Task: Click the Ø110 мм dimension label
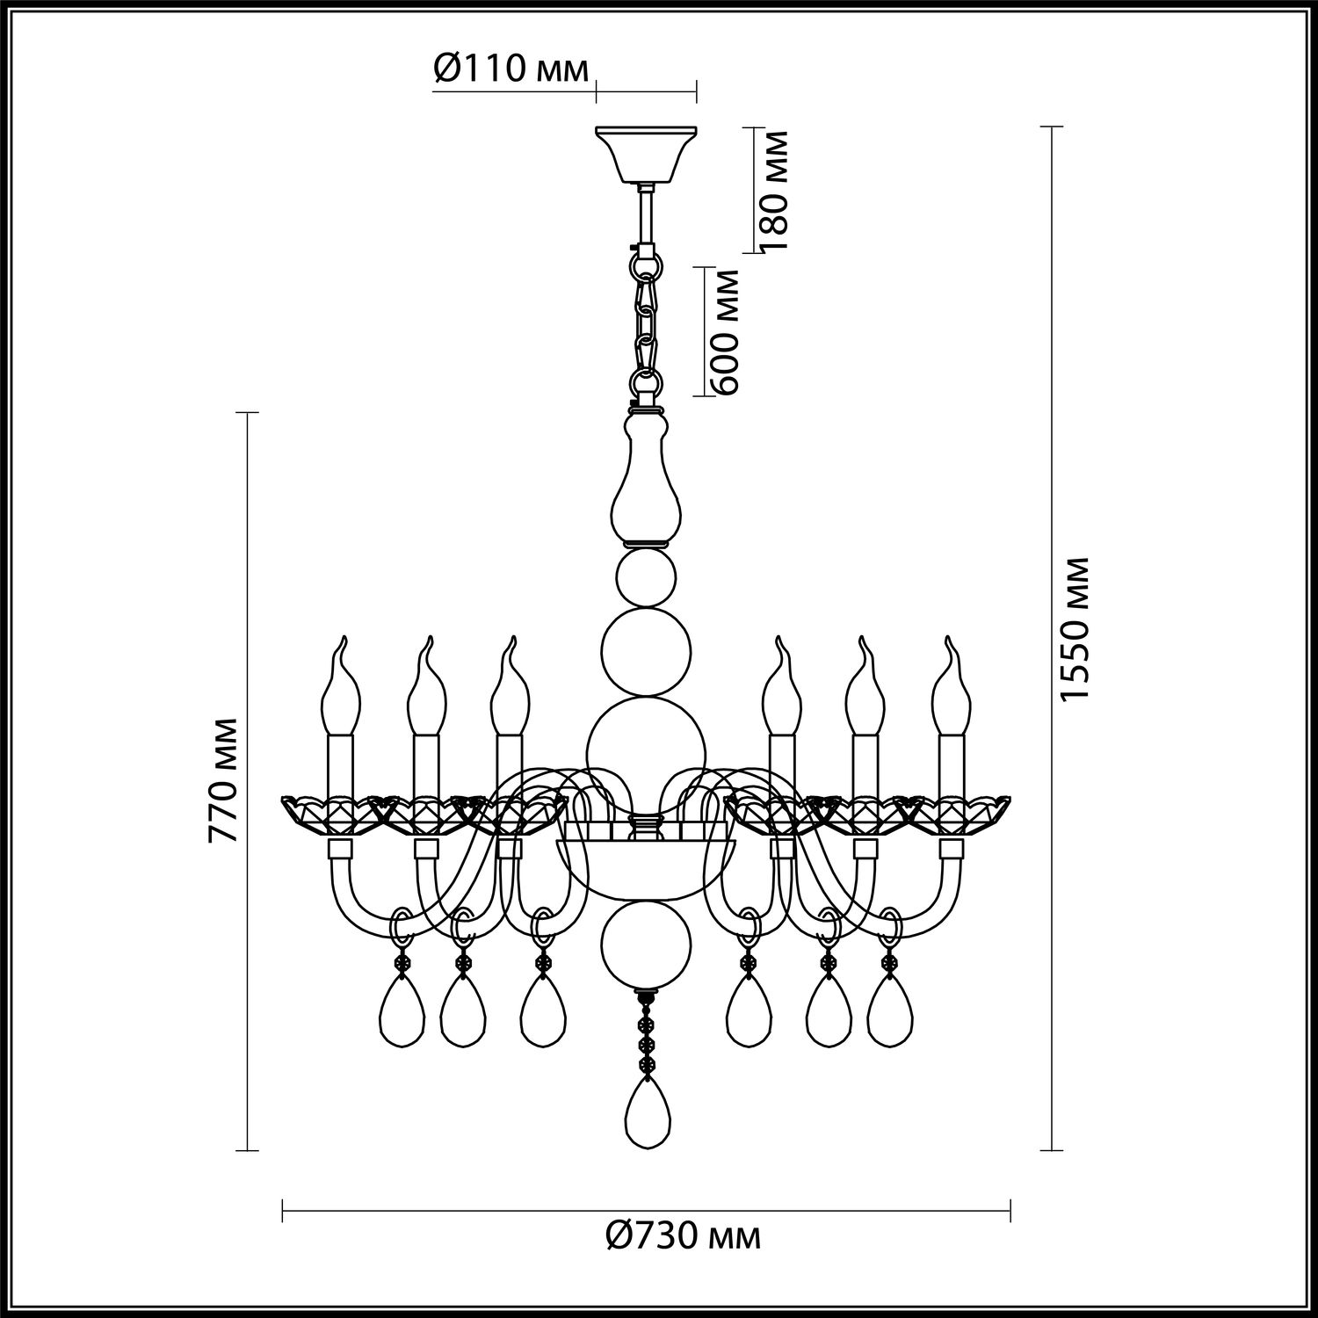point(511,68)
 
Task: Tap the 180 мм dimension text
point(772,191)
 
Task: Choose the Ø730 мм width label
point(683,1236)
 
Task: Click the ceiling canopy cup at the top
point(646,156)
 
